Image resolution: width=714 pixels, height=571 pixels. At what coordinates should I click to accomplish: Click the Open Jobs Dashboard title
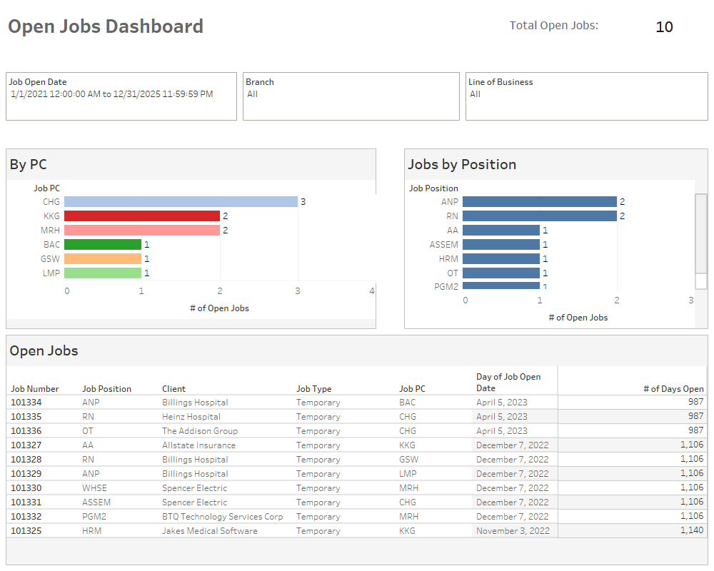106,26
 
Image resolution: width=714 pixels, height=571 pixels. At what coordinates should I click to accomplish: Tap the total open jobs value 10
664,27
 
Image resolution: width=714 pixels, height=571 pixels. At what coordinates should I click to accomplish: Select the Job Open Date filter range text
111,94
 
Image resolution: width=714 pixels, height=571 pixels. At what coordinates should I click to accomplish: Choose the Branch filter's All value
252,94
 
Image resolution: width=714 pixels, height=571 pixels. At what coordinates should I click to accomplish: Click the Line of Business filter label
501,82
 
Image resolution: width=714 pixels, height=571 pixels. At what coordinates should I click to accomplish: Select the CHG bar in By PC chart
181,202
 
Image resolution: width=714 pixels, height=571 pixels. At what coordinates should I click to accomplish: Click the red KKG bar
141,216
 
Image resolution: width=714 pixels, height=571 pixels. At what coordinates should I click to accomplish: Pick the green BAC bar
103,244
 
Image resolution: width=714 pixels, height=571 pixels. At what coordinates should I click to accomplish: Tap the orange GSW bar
103,258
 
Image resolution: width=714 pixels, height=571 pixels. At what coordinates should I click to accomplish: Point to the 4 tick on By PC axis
372,291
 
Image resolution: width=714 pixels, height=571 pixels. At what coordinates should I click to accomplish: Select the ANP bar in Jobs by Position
539,202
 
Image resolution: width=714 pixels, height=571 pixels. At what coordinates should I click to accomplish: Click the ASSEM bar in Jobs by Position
501,244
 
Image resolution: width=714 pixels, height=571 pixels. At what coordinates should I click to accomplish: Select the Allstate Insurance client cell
198,445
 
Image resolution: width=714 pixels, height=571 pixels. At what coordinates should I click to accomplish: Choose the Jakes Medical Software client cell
210,531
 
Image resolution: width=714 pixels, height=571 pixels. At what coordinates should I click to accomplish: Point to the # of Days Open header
673,389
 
